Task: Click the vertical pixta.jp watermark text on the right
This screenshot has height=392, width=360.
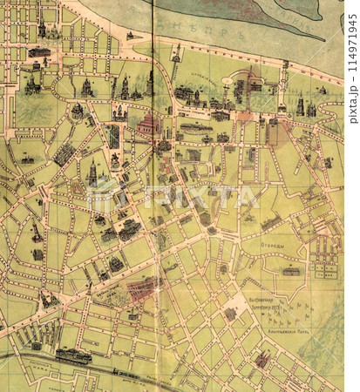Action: coord(352,61)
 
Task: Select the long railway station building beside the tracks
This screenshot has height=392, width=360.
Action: coord(73,355)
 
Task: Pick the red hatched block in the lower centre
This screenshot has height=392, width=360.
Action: coord(143,287)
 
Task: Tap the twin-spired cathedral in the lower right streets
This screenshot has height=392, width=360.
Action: coord(262,358)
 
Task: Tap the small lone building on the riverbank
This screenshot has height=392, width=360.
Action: coord(130,36)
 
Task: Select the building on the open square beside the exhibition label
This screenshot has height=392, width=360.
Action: coord(231,313)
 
